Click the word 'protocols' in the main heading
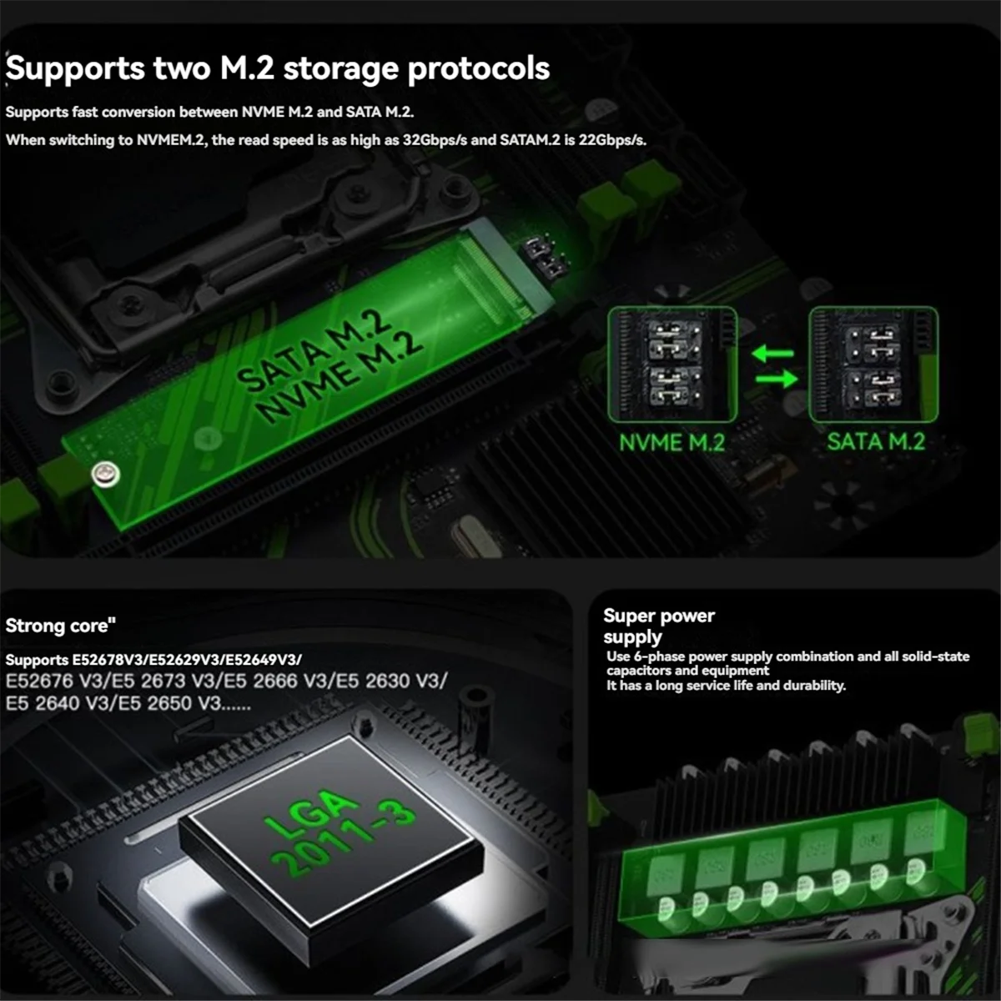pyautogui.click(x=479, y=69)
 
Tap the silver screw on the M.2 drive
pyautogui.click(x=106, y=474)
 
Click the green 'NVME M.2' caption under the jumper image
pyautogui.click(x=672, y=443)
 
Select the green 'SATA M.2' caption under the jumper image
pyautogui.click(x=876, y=441)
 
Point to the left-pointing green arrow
pyautogui.click(x=773, y=354)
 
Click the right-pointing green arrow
pyautogui.click(x=777, y=378)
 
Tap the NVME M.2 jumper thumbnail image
pyautogui.click(x=672, y=364)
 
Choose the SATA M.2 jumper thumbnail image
pyautogui.click(x=873, y=364)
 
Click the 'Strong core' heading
pyautogui.click(x=60, y=626)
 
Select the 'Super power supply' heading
pyautogui.click(x=659, y=626)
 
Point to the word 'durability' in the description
pyautogui.click(x=814, y=686)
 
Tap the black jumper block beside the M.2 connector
pyautogui.click(x=544, y=257)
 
